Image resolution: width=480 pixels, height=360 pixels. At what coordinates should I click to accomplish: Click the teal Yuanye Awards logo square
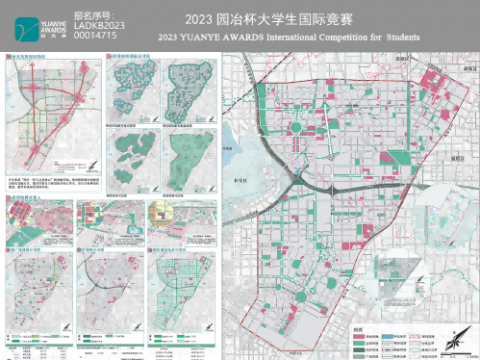[x=35, y=25]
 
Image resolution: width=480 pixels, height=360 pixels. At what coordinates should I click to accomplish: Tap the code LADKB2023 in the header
[x=99, y=25]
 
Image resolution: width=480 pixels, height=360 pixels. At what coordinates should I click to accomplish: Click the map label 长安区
[x=242, y=170]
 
